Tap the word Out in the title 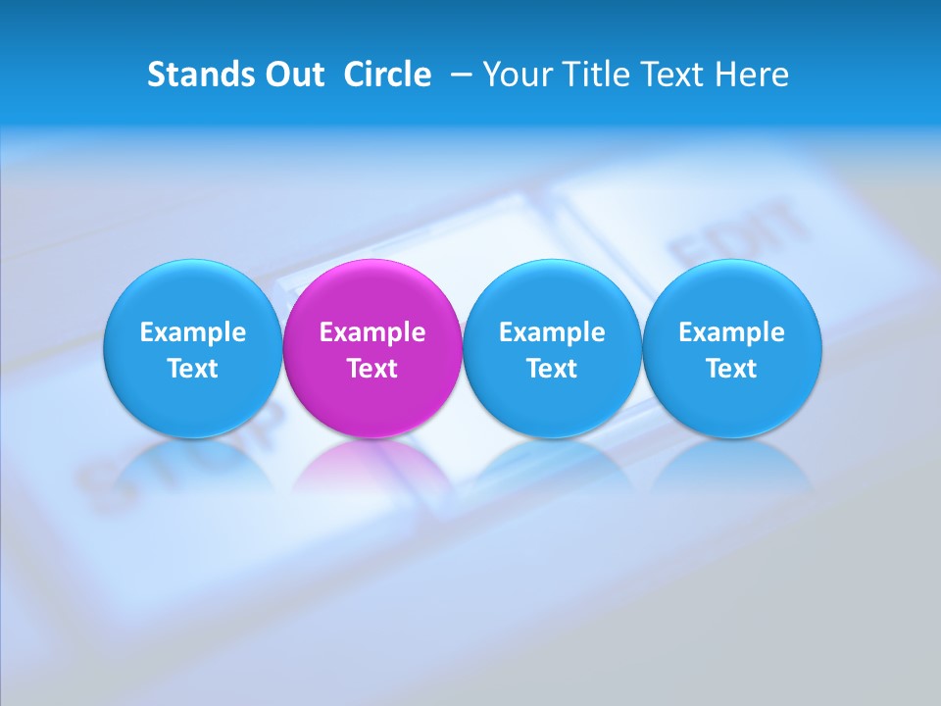(x=292, y=75)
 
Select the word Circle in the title (x=387, y=75)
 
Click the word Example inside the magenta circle (x=372, y=332)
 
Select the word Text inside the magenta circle (x=372, y=369)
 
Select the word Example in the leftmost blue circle (x=193, y=332)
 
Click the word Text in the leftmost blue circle (x=193, y=369)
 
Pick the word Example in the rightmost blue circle (x=732, y=332)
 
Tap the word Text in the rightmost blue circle (x=732, y=369)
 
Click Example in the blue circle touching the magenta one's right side (x=552, y=332)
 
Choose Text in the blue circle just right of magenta (x=552, y=369)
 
